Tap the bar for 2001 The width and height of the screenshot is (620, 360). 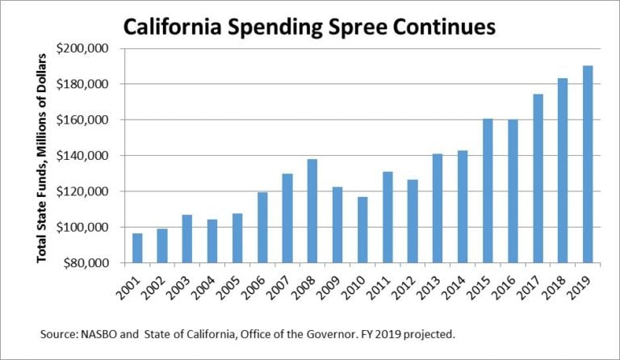pyautogui.click(x=137, y=248)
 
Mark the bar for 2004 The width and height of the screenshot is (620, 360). pyautogui.click(x=212, y=241)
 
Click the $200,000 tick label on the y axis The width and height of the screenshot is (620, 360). pyautogui.click(x=83, y=48)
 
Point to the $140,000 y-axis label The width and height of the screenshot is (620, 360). pyautogui.click(x=83, y=156)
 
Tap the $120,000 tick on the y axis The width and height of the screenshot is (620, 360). pyautogui.click(x=83, y=191)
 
